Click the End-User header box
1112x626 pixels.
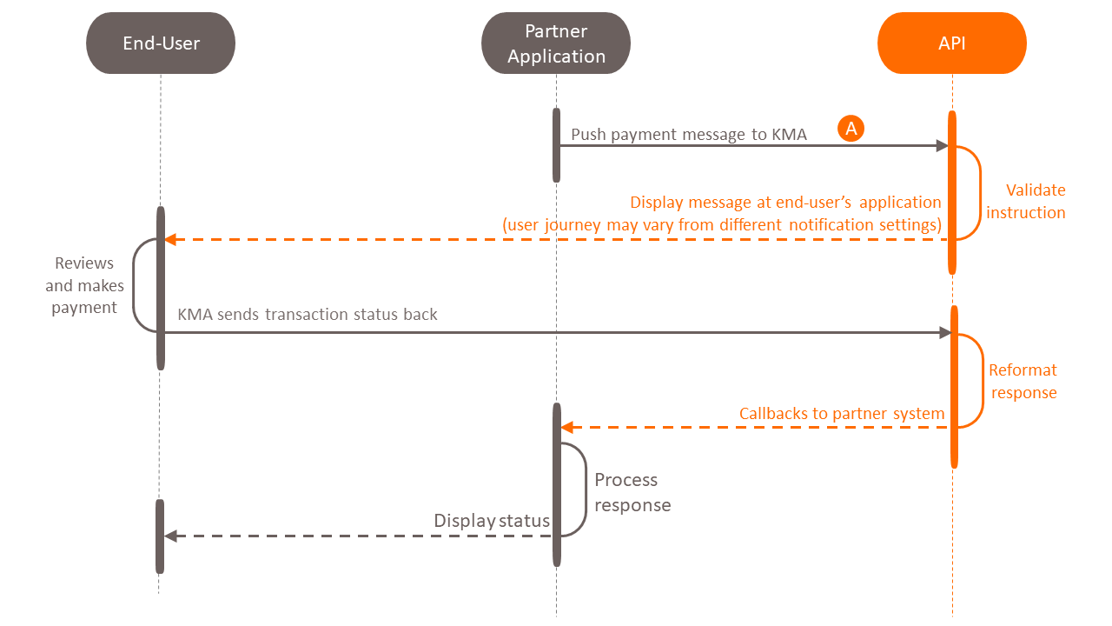[x=161, y=43]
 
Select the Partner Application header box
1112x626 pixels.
[x=556, y=43]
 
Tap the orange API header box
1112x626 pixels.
[x=952, y=43]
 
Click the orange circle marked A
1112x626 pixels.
[x=851, y=129]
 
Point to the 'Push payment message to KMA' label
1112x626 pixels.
[x=689, y=134]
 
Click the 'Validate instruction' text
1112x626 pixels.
[x=1026, y=201]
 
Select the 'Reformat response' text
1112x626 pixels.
[x=1023, y=381]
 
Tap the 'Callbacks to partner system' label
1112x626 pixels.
[x=842, y=414]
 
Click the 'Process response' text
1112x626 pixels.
[x=632, y=492]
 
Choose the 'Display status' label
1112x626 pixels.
[x=492, y=521]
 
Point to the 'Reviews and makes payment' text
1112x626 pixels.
[x=84, y=285]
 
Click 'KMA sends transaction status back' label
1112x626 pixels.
[x=308, y=314]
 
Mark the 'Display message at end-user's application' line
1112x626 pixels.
[x=785, y=203]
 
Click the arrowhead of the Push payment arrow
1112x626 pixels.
[x=942, y=146]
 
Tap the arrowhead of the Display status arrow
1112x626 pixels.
[x=170, y=536]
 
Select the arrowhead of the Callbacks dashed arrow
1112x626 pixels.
[x=566, y=427]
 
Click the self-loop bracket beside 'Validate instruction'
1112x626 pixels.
[x=980, y=192]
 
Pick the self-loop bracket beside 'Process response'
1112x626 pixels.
[x=585, y=489]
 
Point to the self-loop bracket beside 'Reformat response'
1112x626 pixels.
[x=982, y=381]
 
